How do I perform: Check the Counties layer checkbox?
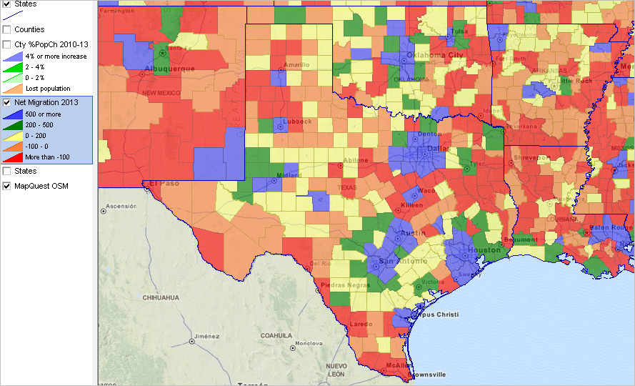click(6, 29)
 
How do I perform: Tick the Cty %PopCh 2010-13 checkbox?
click(6, 44)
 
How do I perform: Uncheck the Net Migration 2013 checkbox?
click(6, 103)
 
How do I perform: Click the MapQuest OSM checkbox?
click(6, 186)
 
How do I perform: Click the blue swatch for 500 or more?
click(14, 114)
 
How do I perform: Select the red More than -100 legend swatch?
click(14, 157)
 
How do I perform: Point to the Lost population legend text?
click(47, 89)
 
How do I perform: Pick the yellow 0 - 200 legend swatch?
click(14, 135)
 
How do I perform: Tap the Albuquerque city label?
click(169, 69)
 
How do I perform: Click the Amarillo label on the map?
click(296, 64)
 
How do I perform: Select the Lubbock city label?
click(296, 122)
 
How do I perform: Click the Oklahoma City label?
click(434, 55)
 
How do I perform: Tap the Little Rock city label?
click(576, 81)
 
